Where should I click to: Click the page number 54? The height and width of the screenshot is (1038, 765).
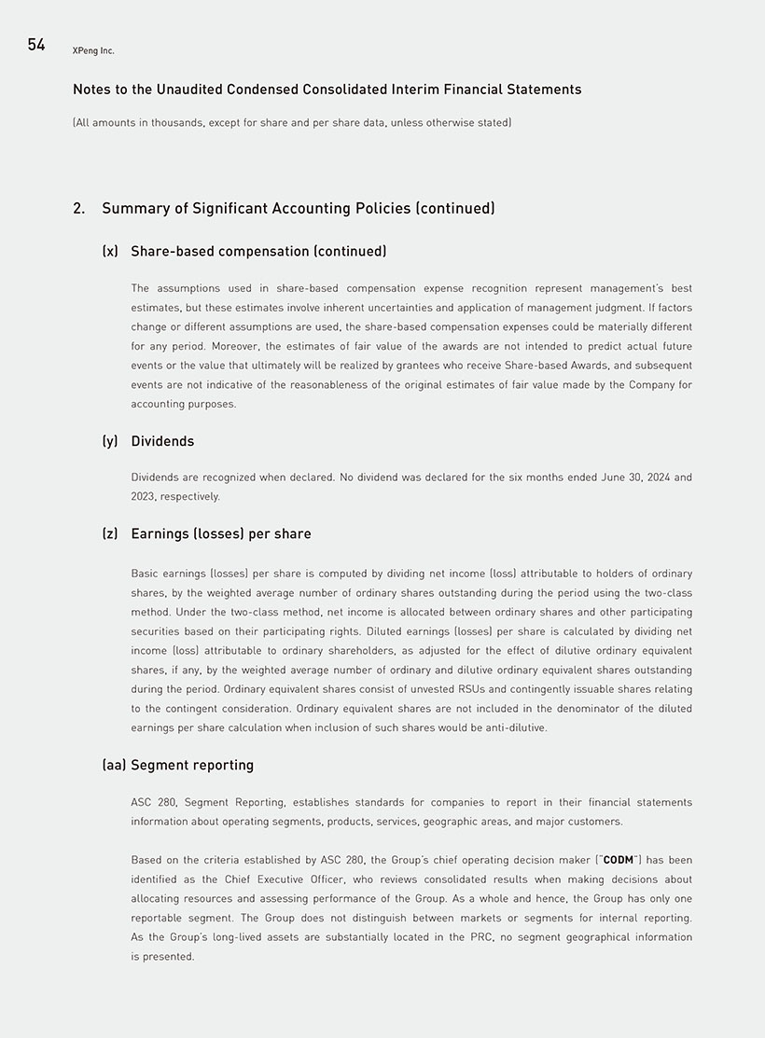coord(36,45)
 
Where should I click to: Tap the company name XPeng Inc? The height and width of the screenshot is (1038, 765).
coord(93,50)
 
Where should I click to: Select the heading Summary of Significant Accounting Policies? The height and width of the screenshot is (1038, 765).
coord(298,208)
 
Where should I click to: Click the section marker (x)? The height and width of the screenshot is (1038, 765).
coord(110,251)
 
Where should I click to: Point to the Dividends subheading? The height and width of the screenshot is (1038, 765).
coord(162,440)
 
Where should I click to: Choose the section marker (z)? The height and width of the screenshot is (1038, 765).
coord(110,533)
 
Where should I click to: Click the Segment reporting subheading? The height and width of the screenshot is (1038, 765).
coord(192,765)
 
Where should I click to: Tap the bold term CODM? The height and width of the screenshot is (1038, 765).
coord(619,860)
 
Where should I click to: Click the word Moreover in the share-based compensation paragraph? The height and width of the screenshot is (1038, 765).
coord(238,346)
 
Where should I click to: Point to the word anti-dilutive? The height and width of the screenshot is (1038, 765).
coord(515,727)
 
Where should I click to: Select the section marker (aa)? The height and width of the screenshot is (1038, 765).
coord(114,765)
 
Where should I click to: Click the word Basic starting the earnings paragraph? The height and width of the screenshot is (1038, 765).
coord(146,574)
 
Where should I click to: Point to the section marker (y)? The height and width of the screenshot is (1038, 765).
coord(110,440)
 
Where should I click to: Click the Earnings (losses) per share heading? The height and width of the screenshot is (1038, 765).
coord(221,533)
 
